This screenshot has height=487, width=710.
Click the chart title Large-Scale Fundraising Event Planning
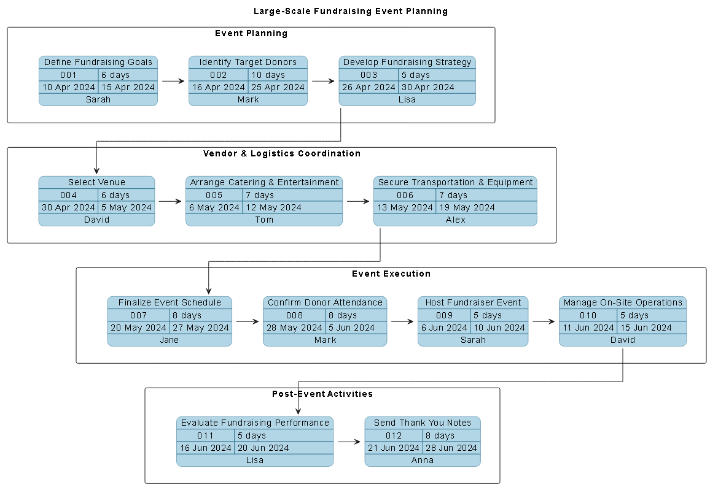[x=351, y=11]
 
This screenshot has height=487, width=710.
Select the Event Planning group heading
[x=251, y=33]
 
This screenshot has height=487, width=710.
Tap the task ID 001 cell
[x=68, y=75]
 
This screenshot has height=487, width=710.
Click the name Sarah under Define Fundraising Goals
[x=98, y=99]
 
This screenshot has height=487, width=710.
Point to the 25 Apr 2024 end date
[x=278, y=87]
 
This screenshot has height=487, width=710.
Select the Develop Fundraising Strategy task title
[x=407, y=62]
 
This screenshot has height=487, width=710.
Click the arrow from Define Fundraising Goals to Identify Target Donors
[x=173, y=81]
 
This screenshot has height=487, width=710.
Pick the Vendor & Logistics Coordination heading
[x=281, y=153]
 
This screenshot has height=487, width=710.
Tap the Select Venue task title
[x=96, y=182]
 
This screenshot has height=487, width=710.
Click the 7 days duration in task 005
[x=260, y=195]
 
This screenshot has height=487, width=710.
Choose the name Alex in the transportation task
[x=455, y=220]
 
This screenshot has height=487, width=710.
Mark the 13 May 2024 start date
[x=405, y=207]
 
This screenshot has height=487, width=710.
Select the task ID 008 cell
[x=294, y=315]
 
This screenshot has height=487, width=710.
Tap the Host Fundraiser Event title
[x=473, y=302]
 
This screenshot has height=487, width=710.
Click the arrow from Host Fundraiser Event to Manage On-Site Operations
[x=543, y=321]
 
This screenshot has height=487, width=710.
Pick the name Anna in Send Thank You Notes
[x=422, y=460]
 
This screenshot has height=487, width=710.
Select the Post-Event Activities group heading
[x=322, y=394]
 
